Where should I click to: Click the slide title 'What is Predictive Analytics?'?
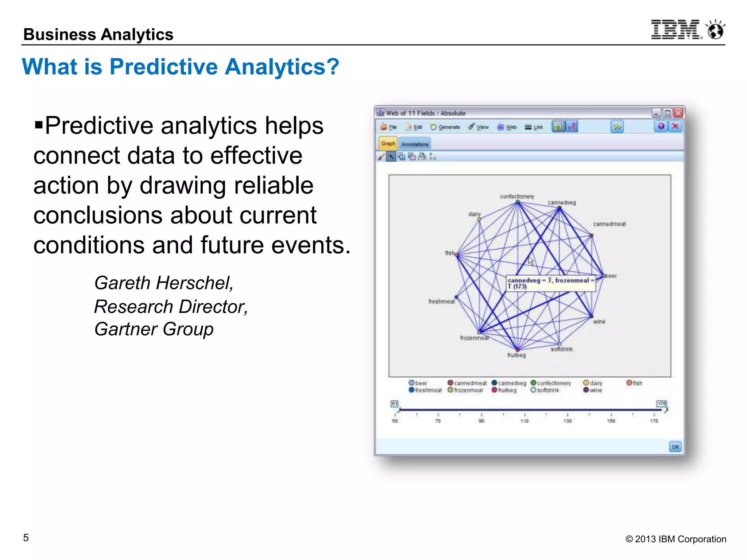point(180,67)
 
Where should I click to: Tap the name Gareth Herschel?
point(164,283)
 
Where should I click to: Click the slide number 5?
point(26,538)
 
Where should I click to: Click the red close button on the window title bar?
point(678,113)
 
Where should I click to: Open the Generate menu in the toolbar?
point(445,127)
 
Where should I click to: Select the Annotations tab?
point(415,144)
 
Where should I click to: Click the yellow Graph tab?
point(388,144)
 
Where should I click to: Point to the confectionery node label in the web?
point(517,197)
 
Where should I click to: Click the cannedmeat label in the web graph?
point(609,224)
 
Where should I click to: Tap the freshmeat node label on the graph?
point(441,302)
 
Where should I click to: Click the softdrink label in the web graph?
point(562,349)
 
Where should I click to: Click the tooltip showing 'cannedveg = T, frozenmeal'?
point(551,283)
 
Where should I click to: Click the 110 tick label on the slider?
point(525,421)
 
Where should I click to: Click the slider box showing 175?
point(662,403)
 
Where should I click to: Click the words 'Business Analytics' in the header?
point(98,35)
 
